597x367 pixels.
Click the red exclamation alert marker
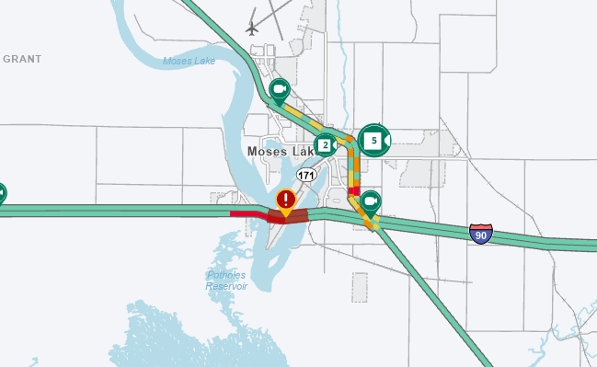(286, 200)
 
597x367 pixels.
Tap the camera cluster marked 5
(374, 140)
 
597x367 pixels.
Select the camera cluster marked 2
(326, 144)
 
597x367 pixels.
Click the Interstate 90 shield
(480, 234)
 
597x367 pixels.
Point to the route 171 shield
(306, 174)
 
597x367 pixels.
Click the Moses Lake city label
(280, 151)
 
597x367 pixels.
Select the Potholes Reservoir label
(226, 280)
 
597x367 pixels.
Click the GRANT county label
(22, 59)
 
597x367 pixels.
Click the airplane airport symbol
(253, 27)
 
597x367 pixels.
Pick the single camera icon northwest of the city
(280, 89)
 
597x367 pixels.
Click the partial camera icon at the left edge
(2, 193)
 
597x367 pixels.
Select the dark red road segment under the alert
(287, 217)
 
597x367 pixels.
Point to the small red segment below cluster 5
(353, 190)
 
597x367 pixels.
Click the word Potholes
(226, 274)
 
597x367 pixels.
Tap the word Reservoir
(226, 285)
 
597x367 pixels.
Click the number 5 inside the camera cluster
(372, 140)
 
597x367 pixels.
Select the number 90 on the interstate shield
(480, 235)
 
